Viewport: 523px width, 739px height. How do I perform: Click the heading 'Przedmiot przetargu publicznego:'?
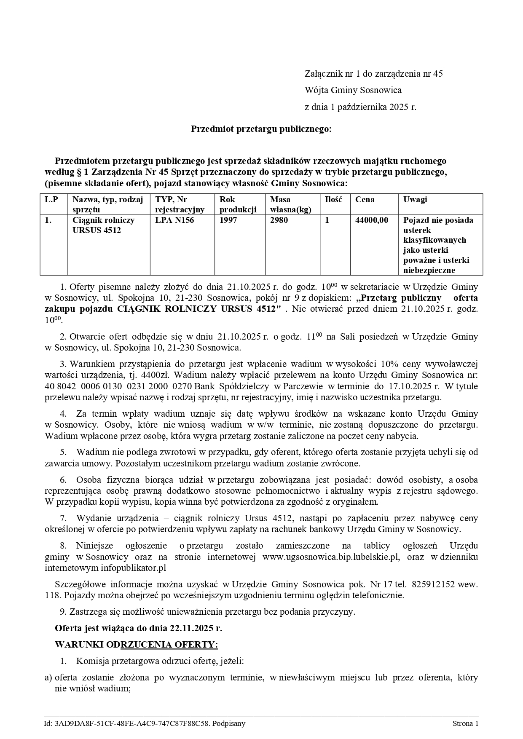pos(261,129)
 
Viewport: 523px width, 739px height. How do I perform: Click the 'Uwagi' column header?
pos(415,200)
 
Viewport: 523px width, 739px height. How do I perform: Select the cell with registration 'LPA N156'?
pos(174,220)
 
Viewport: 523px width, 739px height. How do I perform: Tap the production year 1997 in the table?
pos(228,220)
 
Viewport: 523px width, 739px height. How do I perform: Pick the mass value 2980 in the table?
pos(279,220)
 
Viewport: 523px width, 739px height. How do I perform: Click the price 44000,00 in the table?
pos(372,220)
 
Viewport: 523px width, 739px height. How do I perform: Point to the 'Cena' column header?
pos(365,200)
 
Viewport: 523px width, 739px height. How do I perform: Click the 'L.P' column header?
pos(51,200)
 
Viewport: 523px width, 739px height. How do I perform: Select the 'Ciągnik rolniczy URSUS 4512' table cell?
pos(103,225)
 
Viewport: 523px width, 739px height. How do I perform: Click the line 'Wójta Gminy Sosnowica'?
pos(353,90)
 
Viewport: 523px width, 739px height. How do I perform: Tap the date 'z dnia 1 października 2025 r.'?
pos(360,107)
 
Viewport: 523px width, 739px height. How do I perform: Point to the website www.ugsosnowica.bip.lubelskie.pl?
pos(330,557)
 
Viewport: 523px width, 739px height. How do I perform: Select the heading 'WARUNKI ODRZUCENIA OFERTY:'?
pos(136,645)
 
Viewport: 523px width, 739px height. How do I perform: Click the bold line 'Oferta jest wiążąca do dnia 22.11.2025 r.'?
pos(138,628)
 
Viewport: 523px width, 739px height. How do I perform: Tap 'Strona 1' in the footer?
pos(465,724)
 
